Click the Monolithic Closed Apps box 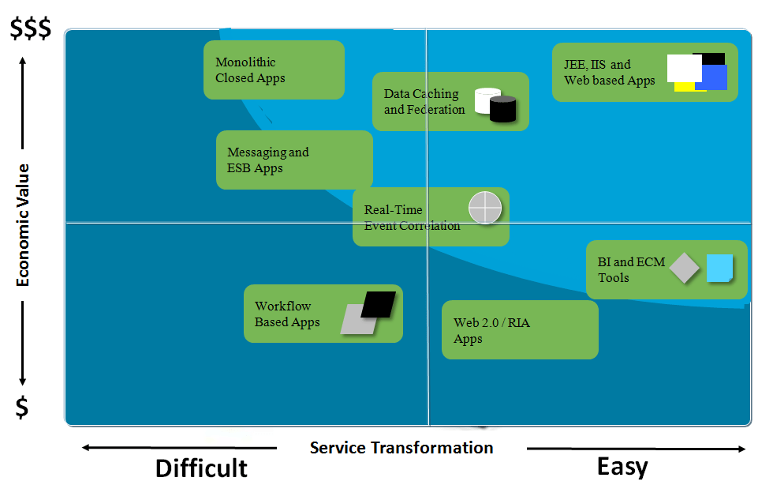tap(274, 70)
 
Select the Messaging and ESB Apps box tap(294, 160)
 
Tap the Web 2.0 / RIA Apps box tap(520, 330)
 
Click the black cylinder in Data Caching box tap(502, 110)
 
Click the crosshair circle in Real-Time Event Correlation tap(485, 208)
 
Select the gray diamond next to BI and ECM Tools tap(685, 268)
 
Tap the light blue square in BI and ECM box tap(719, 268)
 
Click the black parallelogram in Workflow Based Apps tap(379, 304)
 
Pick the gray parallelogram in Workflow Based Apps tap(356, 321)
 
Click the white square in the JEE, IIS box tap(683, 68)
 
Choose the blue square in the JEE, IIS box tap(712, 77)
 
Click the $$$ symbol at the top tap(30, 28)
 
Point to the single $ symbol tap(23, 408)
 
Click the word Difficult tap(201, 468)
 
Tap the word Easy tap(622, 466)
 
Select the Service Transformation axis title tap(401, 448)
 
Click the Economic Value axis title tap(23, 224)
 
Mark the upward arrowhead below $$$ tap(23, 61)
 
